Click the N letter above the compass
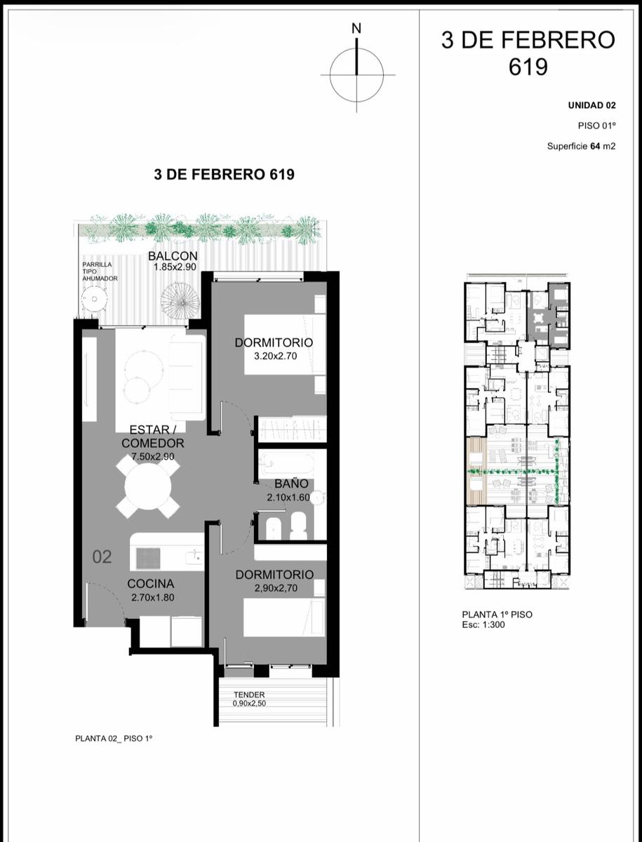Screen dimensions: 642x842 pyautogui.click(x=356, y=28)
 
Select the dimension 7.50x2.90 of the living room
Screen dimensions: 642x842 pyautogui.click(x=153, y=457)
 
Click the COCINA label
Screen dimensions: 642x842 pyautogui.click(x=151, y=584)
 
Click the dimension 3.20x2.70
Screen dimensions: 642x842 pyautogui.click(x=275, y=356)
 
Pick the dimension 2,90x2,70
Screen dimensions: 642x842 pyautogui.click(x=276, y=588)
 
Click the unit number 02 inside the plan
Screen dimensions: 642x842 pyautogui.click(x=102, y=557)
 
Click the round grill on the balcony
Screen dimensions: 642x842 pyautogui.click(x=94, y=298)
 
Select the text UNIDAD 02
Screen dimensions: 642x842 pyautogui.click(x=591, y=105)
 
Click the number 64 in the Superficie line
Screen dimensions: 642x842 pyautogui.click(x=595, y=146)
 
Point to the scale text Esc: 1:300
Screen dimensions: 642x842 pyautogui.click(x=483, y=624)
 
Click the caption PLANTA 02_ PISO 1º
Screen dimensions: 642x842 pyautogui.click(x=114, y=738)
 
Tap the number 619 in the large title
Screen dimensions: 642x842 pyautogui.click(x=528, y=67)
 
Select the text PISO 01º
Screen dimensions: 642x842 pyautogui.click(x=597, y=126)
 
